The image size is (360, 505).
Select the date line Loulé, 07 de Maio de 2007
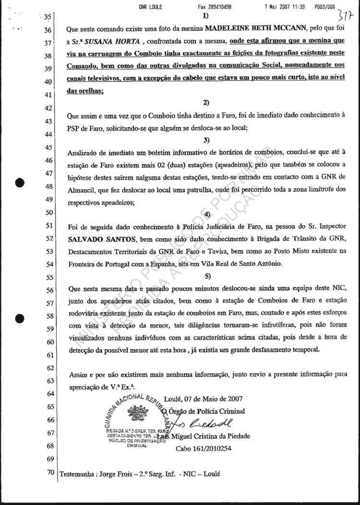pyautogui.click(x=203, y=399)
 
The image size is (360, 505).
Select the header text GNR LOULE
pyautogui.click(x=150, y=7)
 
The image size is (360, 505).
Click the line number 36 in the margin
pyautogui.click(x=48, y=30)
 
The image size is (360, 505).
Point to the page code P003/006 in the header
pyautogui.click(x=324, y=7)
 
